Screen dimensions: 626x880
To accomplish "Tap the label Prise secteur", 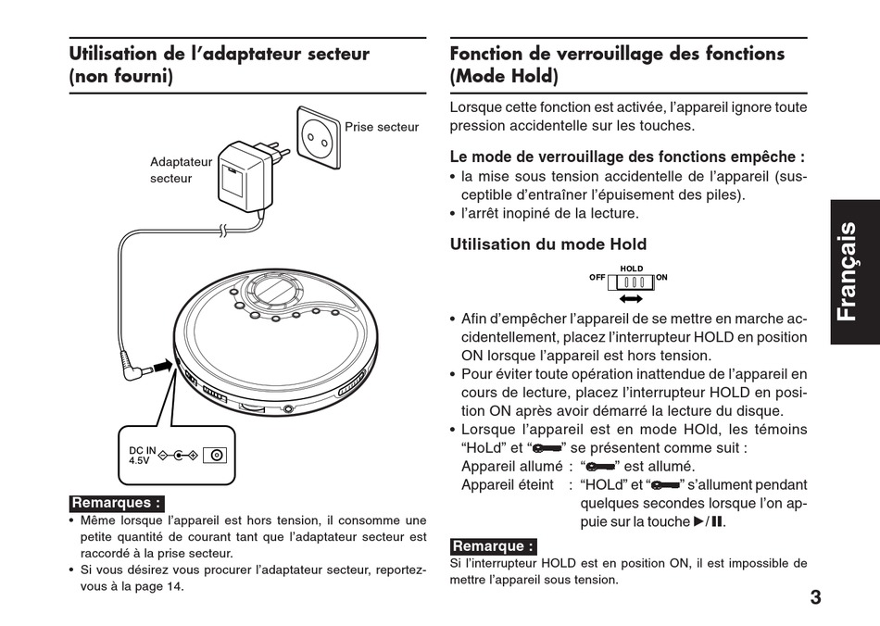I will point(382,128).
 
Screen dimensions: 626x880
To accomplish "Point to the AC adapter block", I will point(242,179).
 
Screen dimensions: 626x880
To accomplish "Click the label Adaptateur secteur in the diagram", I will point(181,169).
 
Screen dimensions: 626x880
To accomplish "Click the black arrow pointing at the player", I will point(163,367).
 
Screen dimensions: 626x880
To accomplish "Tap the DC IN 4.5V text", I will point(142,455).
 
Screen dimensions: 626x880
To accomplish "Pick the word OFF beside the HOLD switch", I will point(597,278).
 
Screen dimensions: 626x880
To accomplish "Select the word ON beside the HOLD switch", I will point(661,278).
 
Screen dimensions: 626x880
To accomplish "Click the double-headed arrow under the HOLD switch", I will point(631,300).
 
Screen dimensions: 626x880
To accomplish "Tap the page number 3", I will point(814,597).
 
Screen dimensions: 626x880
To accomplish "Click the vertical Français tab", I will point(853,272).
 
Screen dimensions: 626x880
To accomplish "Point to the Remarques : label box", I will point(117,503).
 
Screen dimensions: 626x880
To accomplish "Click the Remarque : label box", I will point(493,546).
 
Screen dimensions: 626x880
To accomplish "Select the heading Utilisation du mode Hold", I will point(547,244).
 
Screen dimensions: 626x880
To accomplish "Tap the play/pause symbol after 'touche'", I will point(709,522).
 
